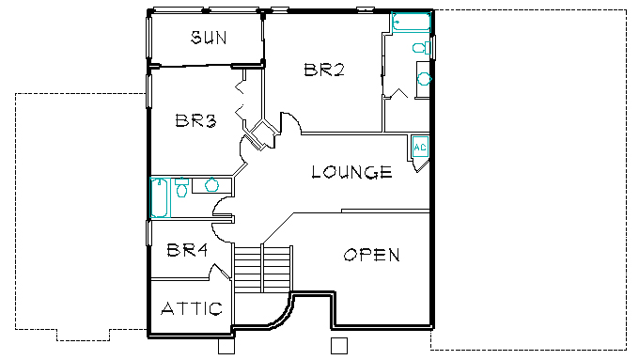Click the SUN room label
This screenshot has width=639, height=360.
click(209, 38)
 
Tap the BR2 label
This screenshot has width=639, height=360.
click(324, 70)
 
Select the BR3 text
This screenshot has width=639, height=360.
click(195, 120)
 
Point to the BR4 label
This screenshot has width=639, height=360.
click(187, 250)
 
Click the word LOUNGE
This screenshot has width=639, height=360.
click(351, 172)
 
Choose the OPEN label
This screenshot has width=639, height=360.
click(371, 256)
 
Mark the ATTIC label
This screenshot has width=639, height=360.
click(192, 308)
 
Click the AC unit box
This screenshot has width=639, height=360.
click(420, 147)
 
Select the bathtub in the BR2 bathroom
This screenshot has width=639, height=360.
click(412, 22)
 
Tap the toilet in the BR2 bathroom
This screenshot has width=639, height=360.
click(421, 48)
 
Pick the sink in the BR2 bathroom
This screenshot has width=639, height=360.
click(424, 79)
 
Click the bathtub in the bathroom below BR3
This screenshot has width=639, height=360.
click(160, 197)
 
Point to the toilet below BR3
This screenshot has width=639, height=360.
click(181, 188)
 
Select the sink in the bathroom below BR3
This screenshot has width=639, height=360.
click(211, 184)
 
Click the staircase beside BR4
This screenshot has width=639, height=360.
click(263, 268)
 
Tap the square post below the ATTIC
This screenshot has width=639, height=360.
click(226, 346)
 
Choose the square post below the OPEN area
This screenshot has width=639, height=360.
click(339, 345)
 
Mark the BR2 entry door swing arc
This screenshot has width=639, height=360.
click(292, 120)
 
